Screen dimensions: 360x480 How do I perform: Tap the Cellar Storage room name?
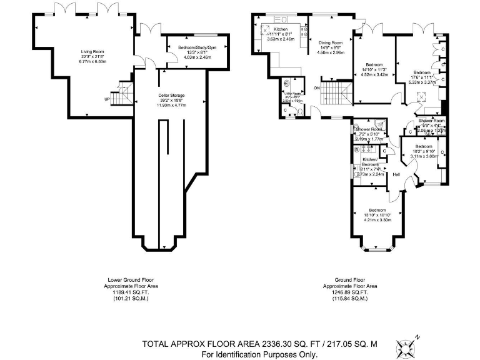pos(171,95)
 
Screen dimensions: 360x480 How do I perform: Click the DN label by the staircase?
pos(317,87)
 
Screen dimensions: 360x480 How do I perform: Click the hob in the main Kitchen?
pos(306,31)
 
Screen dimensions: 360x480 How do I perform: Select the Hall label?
pos(396,174)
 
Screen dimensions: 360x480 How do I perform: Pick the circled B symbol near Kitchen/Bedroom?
pos(357,150)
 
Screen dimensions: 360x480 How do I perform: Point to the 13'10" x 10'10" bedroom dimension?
pos(377,215)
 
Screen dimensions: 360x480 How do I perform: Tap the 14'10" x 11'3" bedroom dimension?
pos(375,69)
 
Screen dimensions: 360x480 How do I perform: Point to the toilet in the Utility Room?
pos(286,82)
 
